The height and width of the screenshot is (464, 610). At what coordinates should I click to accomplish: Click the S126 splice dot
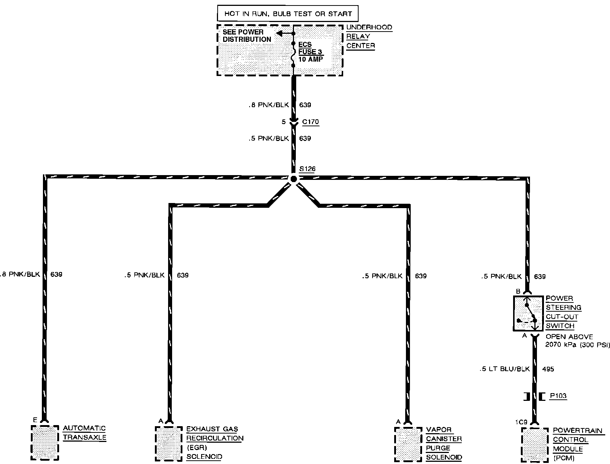[x=293, y=179]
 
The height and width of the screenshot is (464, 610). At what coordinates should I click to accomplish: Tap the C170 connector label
[x=311, y=122]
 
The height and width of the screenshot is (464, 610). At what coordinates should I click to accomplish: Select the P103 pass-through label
[x=558, y=396]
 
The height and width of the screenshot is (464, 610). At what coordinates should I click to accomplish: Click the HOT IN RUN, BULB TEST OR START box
[x=288, y=14]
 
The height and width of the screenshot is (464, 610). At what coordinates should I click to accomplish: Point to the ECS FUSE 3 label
[x=310, y=52]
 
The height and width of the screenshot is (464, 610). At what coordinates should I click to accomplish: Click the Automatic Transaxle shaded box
[x=45, y=443]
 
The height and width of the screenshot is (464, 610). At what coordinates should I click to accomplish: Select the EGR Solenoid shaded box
[x=169, y=443]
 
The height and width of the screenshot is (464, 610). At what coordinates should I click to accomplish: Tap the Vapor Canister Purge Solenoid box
[x=408, y=444]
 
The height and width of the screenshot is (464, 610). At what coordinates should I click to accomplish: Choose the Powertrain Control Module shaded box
[x=535, y=444]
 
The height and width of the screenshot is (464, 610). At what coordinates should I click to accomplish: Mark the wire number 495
[x=548, y=369]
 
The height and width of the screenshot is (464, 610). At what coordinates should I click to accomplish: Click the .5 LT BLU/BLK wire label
[x=505, y=369]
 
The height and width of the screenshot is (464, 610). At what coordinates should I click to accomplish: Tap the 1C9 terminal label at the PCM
[x=521, y=423]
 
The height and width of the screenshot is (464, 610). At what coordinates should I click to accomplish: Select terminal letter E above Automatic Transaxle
[x=35, y=420]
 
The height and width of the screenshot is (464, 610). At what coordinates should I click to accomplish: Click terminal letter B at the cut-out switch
[x=518, y=291]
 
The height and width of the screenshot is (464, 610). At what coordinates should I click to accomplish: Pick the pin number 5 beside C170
[x=283, y=122]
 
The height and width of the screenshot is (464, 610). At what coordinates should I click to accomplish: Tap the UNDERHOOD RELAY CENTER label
[x=369, y=36]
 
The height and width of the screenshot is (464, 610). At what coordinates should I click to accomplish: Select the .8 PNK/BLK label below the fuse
[x=268, y=105]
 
